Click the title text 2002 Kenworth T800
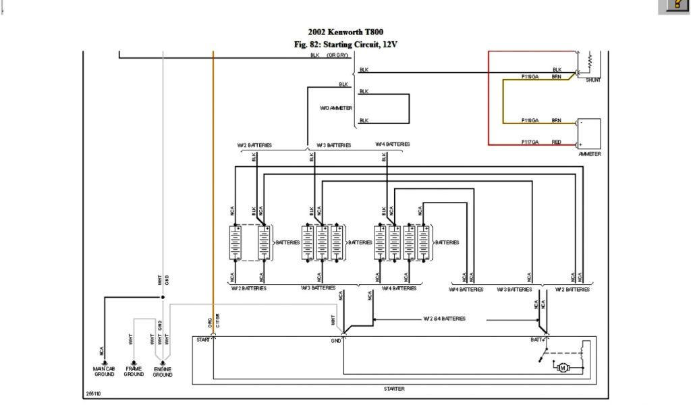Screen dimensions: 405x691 345,32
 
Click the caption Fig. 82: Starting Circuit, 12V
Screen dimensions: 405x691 345,45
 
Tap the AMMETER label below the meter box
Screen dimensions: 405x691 589,154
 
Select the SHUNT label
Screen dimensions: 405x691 593,80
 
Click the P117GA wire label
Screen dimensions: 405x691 530,142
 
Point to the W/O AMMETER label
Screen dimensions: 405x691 336,108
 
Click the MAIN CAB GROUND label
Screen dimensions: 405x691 104,371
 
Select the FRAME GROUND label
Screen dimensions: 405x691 134,371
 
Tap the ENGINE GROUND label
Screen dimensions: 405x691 163,371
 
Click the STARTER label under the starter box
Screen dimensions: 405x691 393,389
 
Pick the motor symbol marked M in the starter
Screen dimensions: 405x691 562,367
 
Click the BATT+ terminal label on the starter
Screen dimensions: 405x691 538,340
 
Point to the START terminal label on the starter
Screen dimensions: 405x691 202,340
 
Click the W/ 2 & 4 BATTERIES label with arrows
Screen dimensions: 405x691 444,319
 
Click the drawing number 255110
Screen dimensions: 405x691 93,394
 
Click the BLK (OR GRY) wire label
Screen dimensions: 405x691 329,55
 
